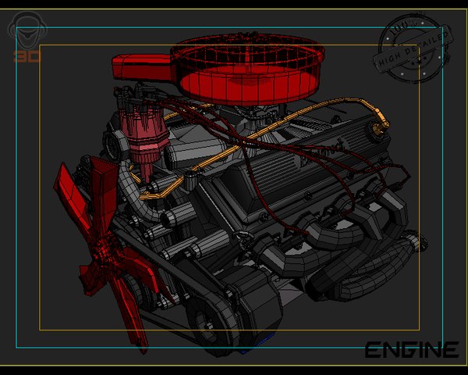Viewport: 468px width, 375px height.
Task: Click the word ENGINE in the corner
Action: point(411,350)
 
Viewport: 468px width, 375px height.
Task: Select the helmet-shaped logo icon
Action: point(27,33)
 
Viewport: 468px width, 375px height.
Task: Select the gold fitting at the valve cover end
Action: point(379,127)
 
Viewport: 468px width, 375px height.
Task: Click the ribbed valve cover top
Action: point(304,156)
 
